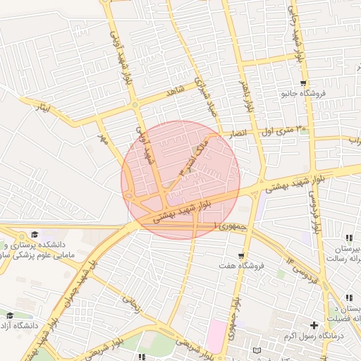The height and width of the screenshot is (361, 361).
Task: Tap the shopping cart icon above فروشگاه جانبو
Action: (x=303, y=83)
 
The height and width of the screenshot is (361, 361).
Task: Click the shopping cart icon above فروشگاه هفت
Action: (x=242, y=256)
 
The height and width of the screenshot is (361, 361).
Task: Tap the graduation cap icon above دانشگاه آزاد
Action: (x=10, y=315)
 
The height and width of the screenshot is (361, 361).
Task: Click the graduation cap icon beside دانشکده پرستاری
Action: (x=34, y=235)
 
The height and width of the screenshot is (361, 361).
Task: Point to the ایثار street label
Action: (x=44, y=107)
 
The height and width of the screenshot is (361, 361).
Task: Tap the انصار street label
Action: (x=233, y=132)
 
